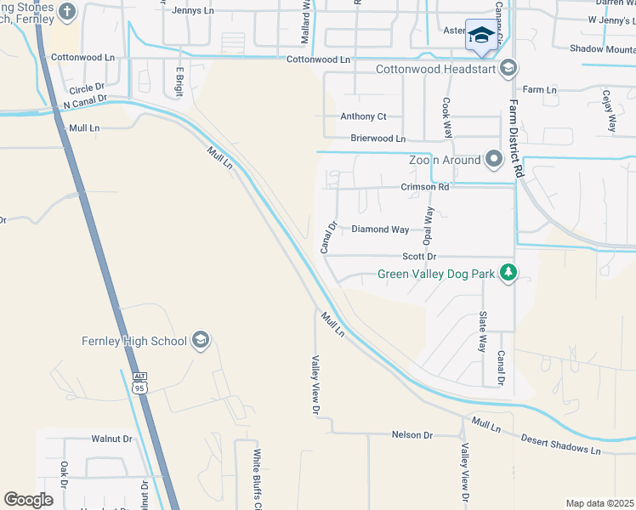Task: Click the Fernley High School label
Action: click(x=134, y=342)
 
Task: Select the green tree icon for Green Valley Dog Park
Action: click(x=508, y=273)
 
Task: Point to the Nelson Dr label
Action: click(x=412, y=435)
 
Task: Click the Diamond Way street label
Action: click(x=380, y=229)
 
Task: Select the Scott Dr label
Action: click(x=419, y=257)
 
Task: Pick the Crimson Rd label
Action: click(x=425, y=187)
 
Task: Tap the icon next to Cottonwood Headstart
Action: click(x=508, y=68)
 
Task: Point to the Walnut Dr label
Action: click(x=112, y=439)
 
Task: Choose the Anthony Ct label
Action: click(x=363, y=116)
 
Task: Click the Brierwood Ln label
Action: click(x=378, y=139)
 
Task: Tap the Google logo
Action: click(x=29, y=499)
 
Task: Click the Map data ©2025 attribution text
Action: click(x=599, y=503)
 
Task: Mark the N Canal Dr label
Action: click(x=85, y=100)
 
